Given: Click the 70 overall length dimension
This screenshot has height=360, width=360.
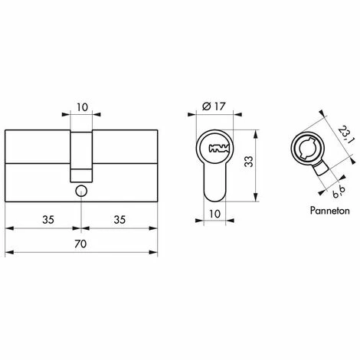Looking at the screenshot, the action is pyautogui.click(x=80, y=244).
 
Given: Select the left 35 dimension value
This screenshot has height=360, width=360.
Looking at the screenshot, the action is pyautogui.click(x=48, y=220).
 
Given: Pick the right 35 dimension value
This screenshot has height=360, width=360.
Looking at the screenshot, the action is pyautogui.click(x=119, y=220).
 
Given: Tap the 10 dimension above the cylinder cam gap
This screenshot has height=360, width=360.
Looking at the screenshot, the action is pyautogui.click(x=82, y=107).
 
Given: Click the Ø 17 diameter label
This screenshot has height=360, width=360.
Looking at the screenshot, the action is pyautogui.click(x=214, y=106).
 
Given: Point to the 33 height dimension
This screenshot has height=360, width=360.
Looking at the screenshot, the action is pyautogui.click(x=248, y=161).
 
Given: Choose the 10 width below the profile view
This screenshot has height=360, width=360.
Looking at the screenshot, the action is pyautogui.click(x=214, y=214).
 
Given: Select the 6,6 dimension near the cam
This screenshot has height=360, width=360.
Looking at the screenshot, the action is pyautogui.click(x=339, y=192).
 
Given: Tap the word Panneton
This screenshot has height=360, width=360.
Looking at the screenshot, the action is pyautogui.click(x=329, y=211).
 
